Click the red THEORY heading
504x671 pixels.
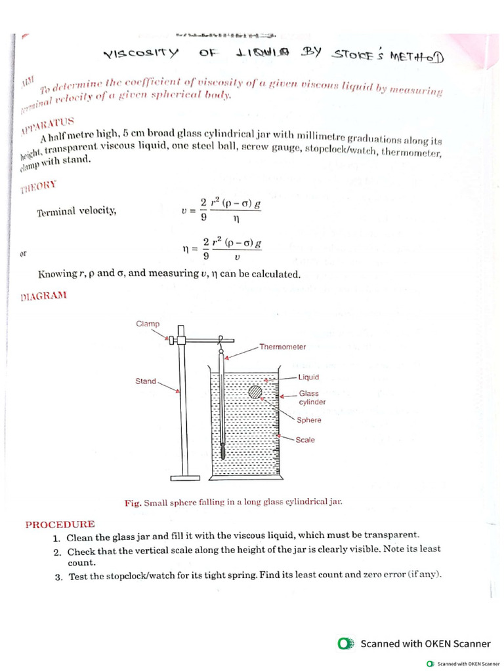tap(39, 188)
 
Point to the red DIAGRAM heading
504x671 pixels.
tap(43, 296)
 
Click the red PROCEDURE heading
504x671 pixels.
tap(60, 524)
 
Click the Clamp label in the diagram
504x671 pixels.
tap(148, 324)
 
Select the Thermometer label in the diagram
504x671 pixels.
tap(282, 347)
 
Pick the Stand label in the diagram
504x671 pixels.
tap(146, 381)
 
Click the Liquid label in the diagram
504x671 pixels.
tap(308, 377)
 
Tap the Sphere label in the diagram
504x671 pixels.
tap(309, 420)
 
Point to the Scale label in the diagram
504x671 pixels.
tap(305, 440)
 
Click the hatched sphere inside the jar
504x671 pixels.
tap(255, 392)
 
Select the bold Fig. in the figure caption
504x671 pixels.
tap(133, 503)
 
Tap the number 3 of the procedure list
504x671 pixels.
tap(58, 577)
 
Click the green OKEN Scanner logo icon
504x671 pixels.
tap(346, 643)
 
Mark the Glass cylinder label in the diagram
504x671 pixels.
tap(312, 398)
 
